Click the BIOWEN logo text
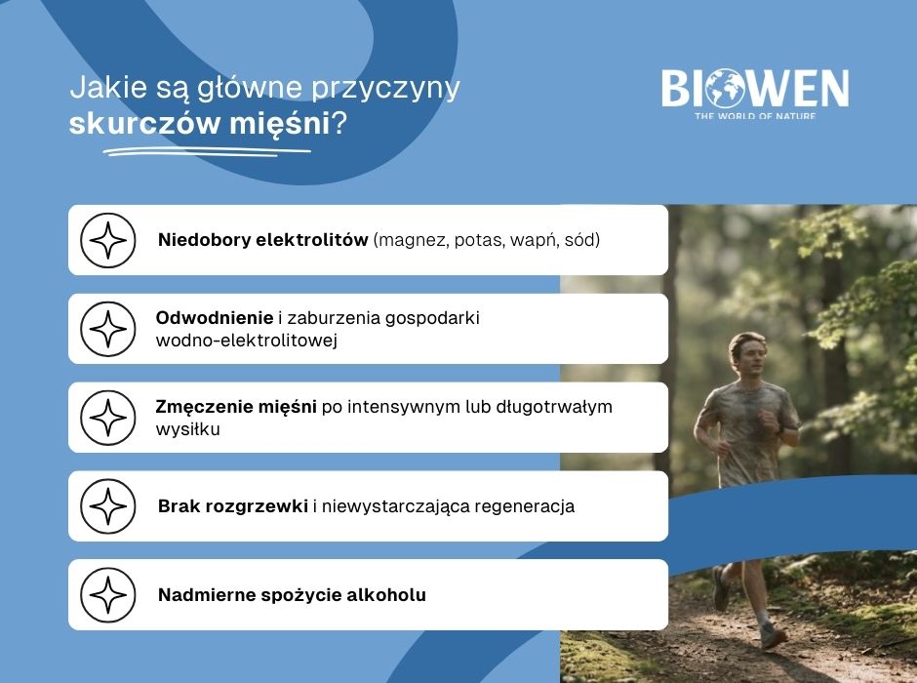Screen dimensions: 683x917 coord(755,89)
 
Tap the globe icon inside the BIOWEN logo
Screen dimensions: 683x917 coord(727,89)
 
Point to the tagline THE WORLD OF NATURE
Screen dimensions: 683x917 coord(754,116)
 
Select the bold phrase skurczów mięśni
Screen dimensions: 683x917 coord(200,125)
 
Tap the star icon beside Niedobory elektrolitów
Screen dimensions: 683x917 coord(107,240)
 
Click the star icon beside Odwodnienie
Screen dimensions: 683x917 coord(107,329)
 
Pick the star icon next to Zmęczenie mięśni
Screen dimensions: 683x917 coord(107,418)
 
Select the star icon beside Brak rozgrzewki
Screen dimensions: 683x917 coord(107,506)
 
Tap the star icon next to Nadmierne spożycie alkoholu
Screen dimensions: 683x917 coord(107,594)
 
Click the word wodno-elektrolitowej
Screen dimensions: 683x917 coord(247,341)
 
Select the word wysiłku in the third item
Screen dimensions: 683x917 coord(187,429)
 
